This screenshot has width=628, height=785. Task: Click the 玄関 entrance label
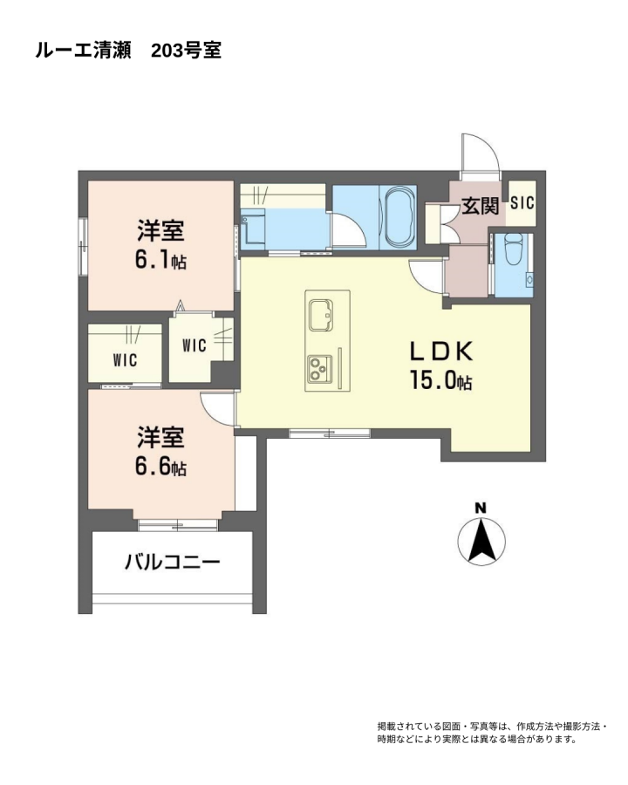[480, 205]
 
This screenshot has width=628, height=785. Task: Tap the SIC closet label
[522, 203]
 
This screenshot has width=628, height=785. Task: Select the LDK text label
[441, 352]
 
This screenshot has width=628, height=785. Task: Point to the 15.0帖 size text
[440, 380]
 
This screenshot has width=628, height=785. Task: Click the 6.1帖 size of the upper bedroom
[160, 260]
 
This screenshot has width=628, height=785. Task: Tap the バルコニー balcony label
[173, 563]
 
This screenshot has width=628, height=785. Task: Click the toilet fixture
[514, 249]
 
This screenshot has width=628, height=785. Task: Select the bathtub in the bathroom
[398, 217]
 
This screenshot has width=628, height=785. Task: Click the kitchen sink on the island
[320, 315]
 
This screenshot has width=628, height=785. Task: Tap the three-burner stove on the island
[319, 368]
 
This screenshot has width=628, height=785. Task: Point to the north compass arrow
[481, 541]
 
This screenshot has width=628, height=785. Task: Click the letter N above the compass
[481, 509]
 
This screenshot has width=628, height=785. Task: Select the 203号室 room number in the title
[187, 51]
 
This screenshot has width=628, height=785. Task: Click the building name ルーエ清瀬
[83, 51]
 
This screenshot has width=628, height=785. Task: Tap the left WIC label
[125, 360]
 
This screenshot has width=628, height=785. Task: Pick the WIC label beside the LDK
[195, 345]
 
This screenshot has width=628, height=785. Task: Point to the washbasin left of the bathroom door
[252, 229]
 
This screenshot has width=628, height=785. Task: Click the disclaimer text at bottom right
[492, 733]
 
